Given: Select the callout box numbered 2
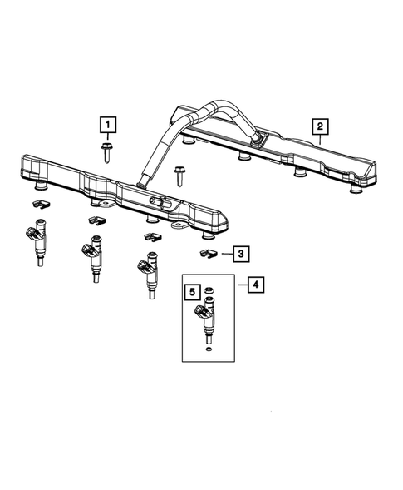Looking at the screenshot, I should click(318, 126).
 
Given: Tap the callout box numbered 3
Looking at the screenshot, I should click(239, 253).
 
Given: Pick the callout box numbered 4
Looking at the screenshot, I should click(256, 285).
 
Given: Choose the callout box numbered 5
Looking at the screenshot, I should click(192, 292).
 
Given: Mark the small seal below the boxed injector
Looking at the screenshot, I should click(206, 350).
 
